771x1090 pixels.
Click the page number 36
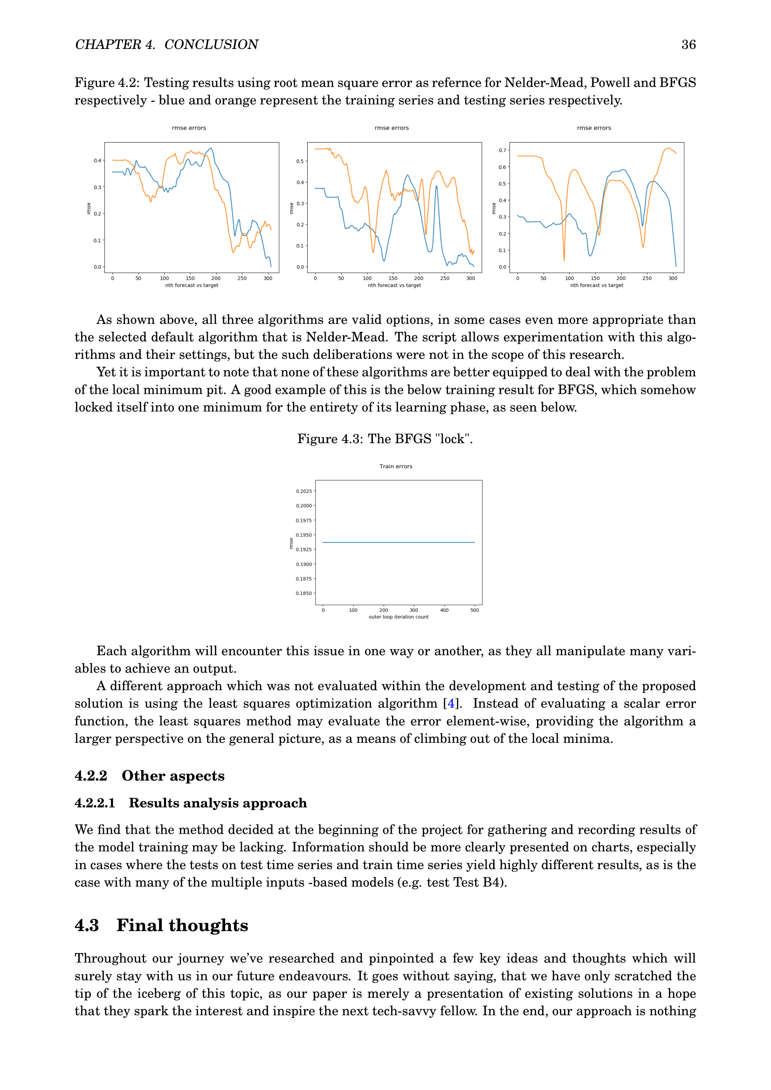[688, 45]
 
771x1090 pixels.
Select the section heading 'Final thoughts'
[182, 925]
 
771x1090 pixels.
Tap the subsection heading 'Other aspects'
[173, 776]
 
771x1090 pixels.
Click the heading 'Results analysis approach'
[217, 803]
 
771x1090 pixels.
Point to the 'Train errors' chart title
[395, 466]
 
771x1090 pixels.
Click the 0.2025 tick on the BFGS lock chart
[304, 491]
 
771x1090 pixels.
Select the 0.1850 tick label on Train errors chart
[304, 593]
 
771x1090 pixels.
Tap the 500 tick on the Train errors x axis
[474, 610]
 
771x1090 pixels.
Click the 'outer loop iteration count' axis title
[398, 617]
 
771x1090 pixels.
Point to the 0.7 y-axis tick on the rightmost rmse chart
[502, 151]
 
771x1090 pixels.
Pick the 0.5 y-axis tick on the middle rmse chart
[300, 161]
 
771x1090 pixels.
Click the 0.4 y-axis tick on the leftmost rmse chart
[97, 160]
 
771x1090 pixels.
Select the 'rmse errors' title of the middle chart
[391, 128]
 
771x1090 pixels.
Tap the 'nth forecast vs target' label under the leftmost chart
[191, 285]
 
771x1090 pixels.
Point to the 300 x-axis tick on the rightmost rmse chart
[673, 279]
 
